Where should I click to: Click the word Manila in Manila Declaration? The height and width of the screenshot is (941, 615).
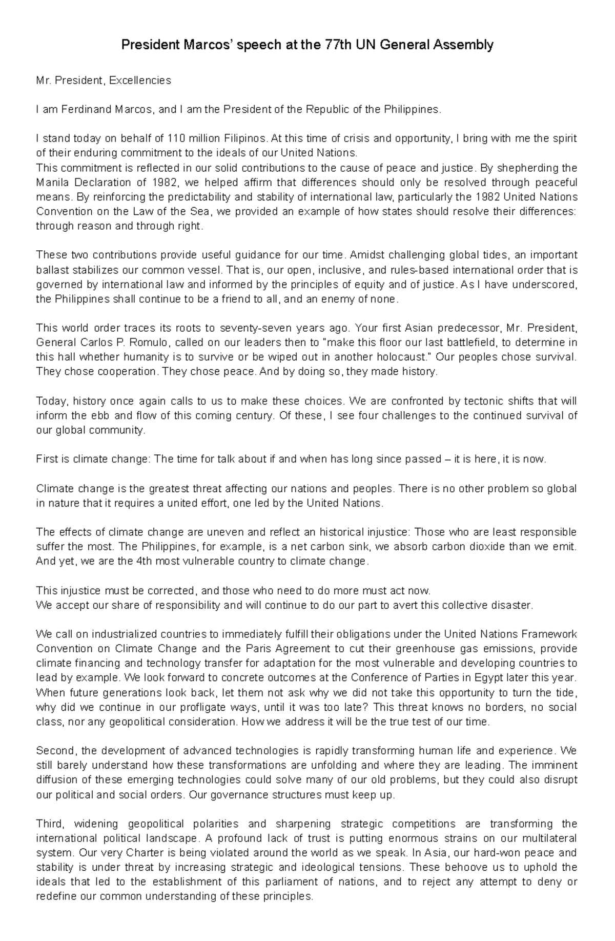click(x=51, y=183)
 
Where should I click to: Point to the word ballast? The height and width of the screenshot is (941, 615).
click(x=51, y=270)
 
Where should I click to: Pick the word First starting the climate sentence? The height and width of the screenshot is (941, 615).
click(x=47, y=459)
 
